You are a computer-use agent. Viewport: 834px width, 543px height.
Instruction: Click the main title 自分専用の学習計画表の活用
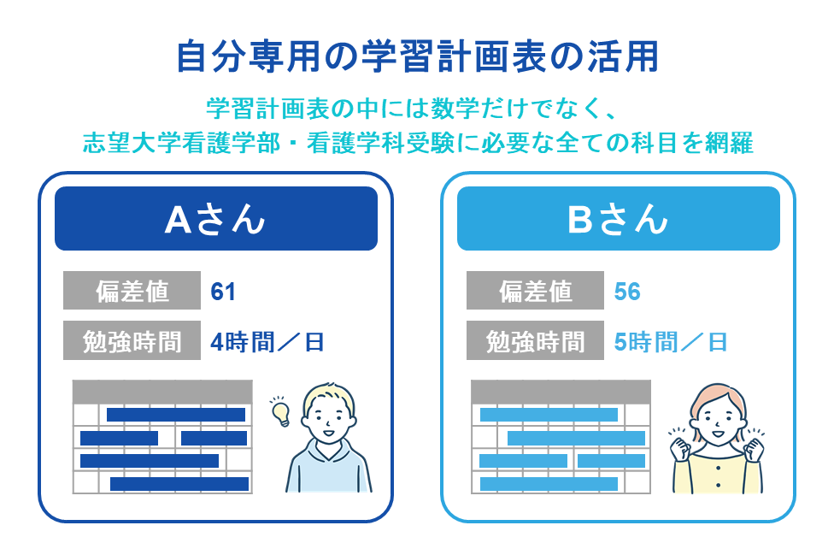click(x=418, y=56)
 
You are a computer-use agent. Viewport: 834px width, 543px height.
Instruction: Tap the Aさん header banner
click(x=216, y=218)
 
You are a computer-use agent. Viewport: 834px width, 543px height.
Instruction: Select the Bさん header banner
click(x=619, y=218)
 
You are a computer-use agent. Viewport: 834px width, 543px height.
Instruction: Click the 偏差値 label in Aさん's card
click(x=132, y=291)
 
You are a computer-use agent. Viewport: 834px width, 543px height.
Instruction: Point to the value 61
click(x=223, y=292)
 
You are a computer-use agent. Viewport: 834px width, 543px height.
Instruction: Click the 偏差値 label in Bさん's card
click(x=535, y=291)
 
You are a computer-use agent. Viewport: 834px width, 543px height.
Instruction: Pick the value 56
click(x=627, y=292)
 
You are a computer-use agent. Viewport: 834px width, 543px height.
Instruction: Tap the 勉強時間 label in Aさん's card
click(x=132, y=340)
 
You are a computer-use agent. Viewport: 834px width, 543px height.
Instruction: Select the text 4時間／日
click(x=267, y=342)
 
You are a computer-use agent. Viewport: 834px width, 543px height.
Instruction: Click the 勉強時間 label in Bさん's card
click(x=535, y=340)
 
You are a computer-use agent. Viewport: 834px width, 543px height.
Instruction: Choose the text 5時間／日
click(x=670, y=342)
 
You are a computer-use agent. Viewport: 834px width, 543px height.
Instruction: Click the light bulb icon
click(x=280, y=411)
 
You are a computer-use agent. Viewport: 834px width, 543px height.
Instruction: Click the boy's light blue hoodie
click(x=329, y=467)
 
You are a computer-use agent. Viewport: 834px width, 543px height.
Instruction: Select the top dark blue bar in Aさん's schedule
click(x=176, y=415)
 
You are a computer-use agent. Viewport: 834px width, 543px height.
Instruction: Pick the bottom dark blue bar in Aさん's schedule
click(x=179, y=484)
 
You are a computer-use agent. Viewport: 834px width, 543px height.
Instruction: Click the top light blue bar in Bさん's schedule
click(x=549, y=415)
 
